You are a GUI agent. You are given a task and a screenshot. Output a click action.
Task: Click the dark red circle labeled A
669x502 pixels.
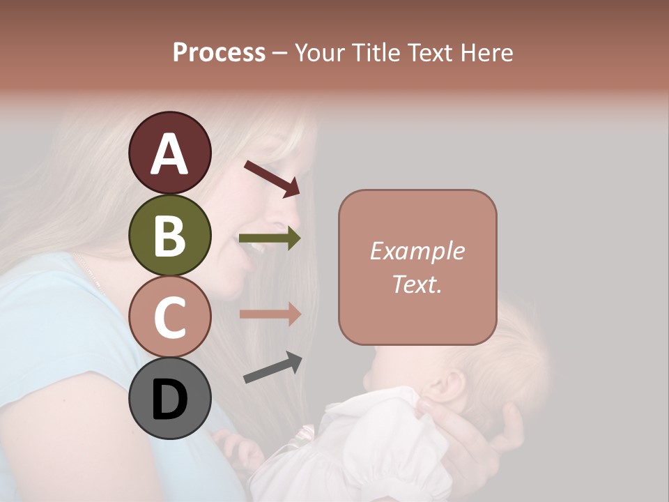(169, 153)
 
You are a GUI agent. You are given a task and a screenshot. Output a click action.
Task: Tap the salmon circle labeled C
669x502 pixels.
(169, 317)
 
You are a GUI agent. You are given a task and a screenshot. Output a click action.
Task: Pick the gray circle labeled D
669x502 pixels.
(169, 398)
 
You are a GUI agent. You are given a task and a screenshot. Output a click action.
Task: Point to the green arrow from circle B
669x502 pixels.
(270, 238)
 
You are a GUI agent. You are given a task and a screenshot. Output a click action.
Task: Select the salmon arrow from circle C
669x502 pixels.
(270, 314)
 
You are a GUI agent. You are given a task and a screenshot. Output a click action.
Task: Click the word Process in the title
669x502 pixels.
(219, 53)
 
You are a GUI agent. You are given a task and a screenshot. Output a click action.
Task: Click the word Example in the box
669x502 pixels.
(417, 251)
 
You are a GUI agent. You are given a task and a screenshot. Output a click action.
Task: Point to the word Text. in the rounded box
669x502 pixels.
(417, 283)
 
